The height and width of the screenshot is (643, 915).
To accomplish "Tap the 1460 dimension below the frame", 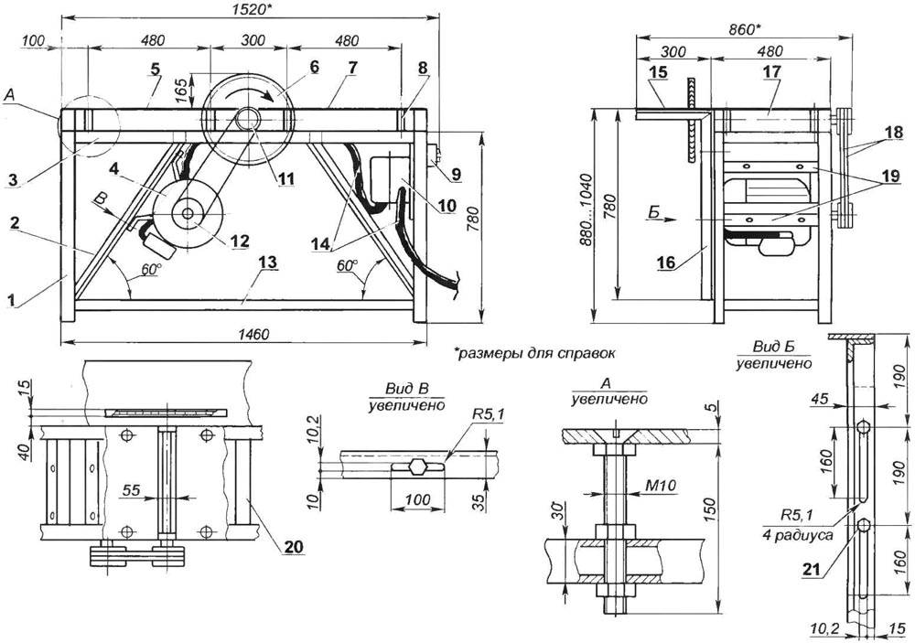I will click(x=245, y=336).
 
